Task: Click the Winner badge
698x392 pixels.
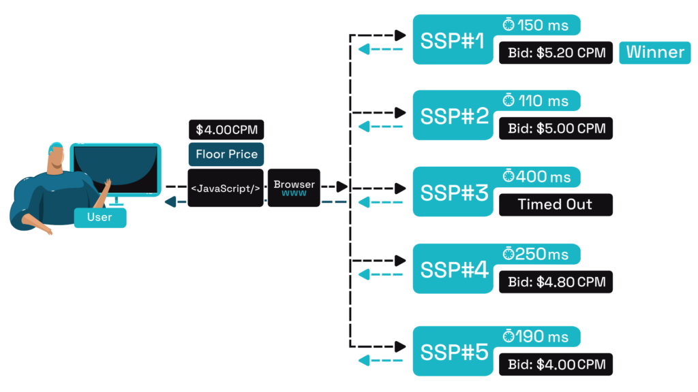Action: (x=654, y=52)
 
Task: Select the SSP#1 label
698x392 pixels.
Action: (x=453, y=41)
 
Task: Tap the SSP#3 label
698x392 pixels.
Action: (x=453, y=193)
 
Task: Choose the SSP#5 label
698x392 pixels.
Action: (x=453, y=352)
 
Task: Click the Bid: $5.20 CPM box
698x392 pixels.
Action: (x=556, y=53)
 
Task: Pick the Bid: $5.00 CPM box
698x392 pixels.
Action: (x=556, y=129)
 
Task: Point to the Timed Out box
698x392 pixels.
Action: (x=556, y=205)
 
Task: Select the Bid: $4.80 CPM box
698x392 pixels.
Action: (x=556, y=282)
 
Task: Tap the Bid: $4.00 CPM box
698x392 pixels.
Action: (x=556, y=364)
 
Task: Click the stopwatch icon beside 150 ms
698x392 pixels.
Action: (x=509, y=25)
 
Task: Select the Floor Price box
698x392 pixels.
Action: (x=226, y=154)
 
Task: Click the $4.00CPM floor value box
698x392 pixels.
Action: (x=226, y=129)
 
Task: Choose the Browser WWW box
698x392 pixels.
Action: (x=294, y=188)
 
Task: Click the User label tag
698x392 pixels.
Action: (x=100, y=218)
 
